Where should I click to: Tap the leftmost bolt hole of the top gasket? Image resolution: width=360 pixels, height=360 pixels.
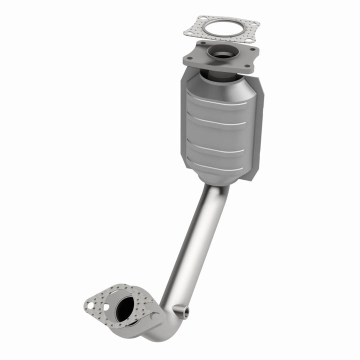[189, 32]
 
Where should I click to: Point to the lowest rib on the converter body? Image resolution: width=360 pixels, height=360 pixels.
[218, 166]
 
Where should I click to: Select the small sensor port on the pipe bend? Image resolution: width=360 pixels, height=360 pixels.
[186, 312]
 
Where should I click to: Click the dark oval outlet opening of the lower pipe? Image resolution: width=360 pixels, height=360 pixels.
[124, 307]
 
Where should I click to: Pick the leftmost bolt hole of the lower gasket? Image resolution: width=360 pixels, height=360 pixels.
[90, 304]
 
